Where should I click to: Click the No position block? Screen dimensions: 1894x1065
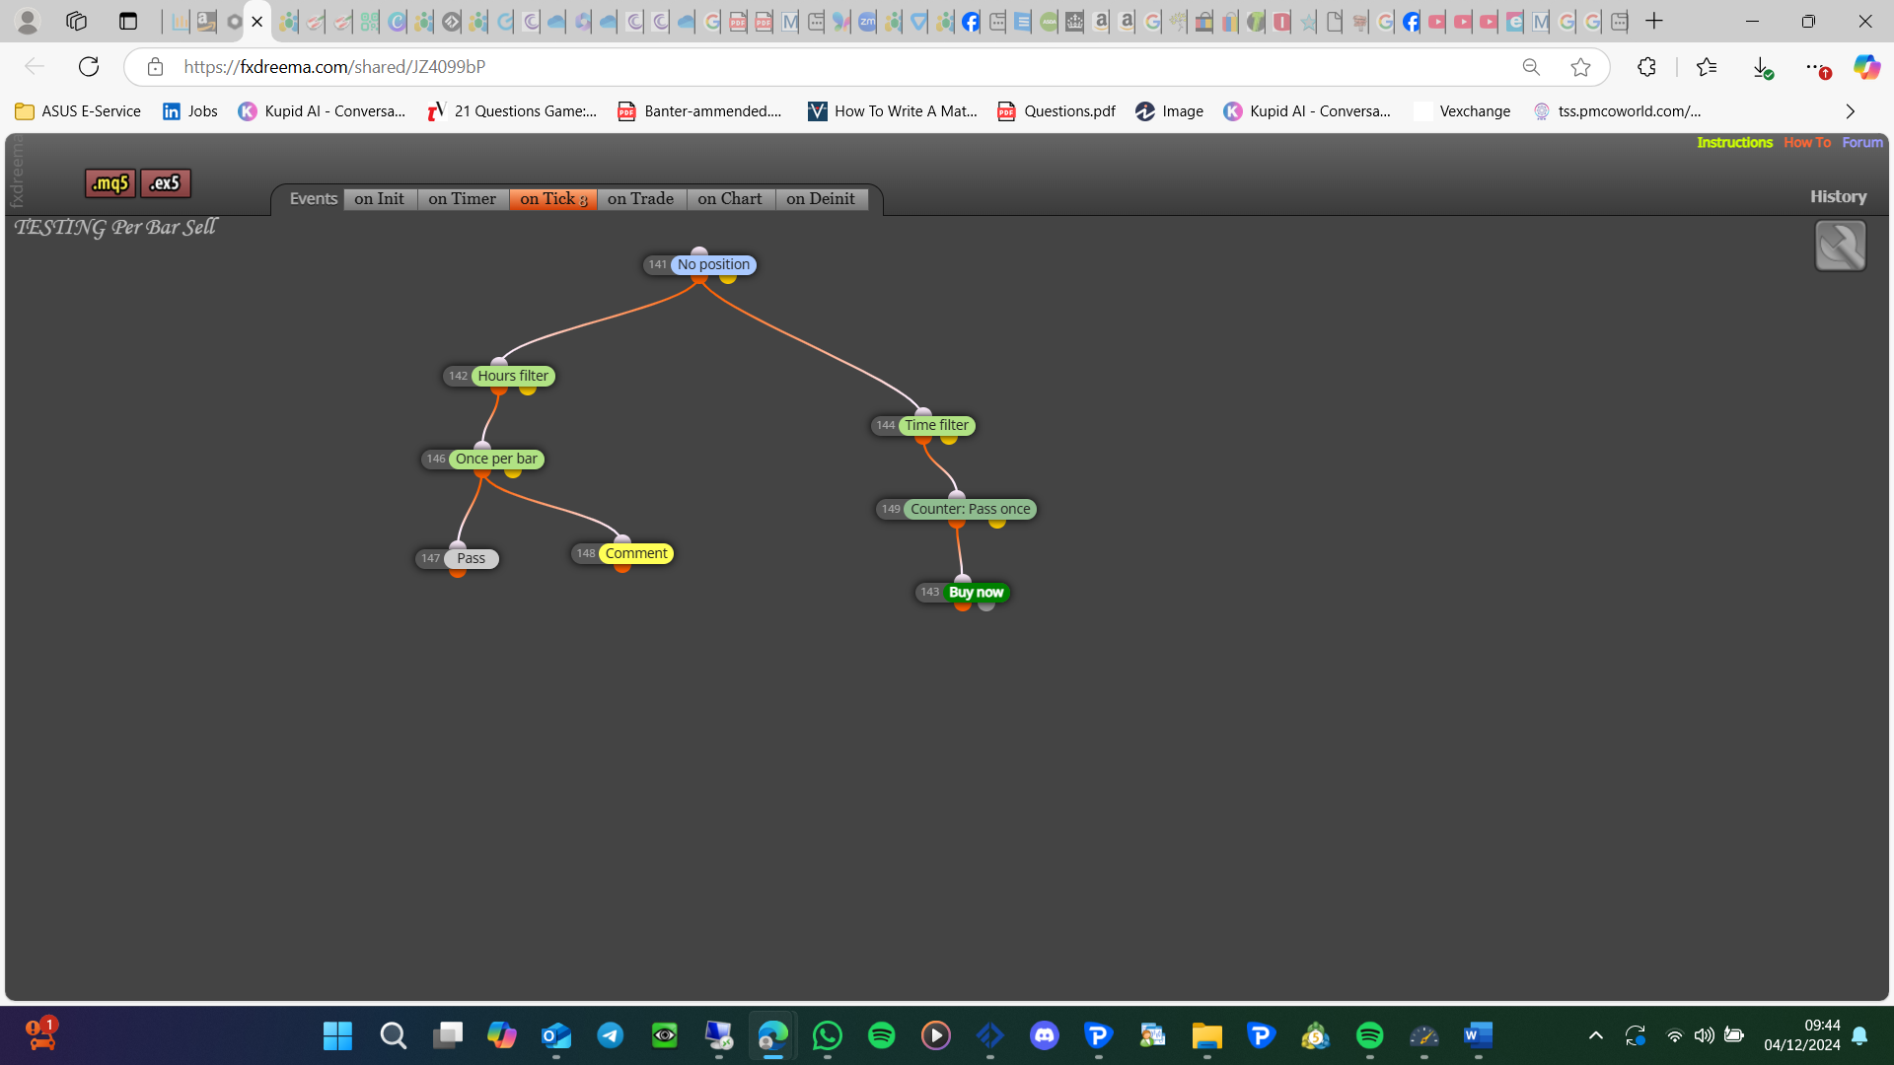[x=713, y=264]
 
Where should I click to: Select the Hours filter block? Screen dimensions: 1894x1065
[x=513, y=376]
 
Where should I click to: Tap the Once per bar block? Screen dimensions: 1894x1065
[x=496, y=459]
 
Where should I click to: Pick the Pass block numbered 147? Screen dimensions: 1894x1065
[x=471, y=558]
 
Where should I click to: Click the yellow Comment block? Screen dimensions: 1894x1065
[x=636, y=553]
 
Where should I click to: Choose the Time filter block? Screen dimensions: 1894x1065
[x=936, y=425]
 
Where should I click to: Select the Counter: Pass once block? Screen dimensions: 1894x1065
[x=970, y=509]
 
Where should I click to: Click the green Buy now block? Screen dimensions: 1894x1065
[x=976, y=592]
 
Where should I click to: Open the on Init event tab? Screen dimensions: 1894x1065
[x=380, y=199]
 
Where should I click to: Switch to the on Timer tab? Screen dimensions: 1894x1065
[x=463, y=199]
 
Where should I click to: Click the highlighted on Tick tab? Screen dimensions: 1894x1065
[x=553, y=199]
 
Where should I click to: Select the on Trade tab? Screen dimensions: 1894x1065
[x=641, y=199]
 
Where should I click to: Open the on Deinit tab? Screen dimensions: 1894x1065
[x=821, y=199]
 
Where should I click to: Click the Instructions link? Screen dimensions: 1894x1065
[x=1734, y=143]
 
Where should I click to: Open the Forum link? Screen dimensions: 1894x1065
[x=1862, y=143]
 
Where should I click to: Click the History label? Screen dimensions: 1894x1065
[x=1838, y=196]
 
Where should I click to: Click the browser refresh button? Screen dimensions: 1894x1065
[x=89, y=66]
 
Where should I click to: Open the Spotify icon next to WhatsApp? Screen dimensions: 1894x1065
[x=882, y=1035]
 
